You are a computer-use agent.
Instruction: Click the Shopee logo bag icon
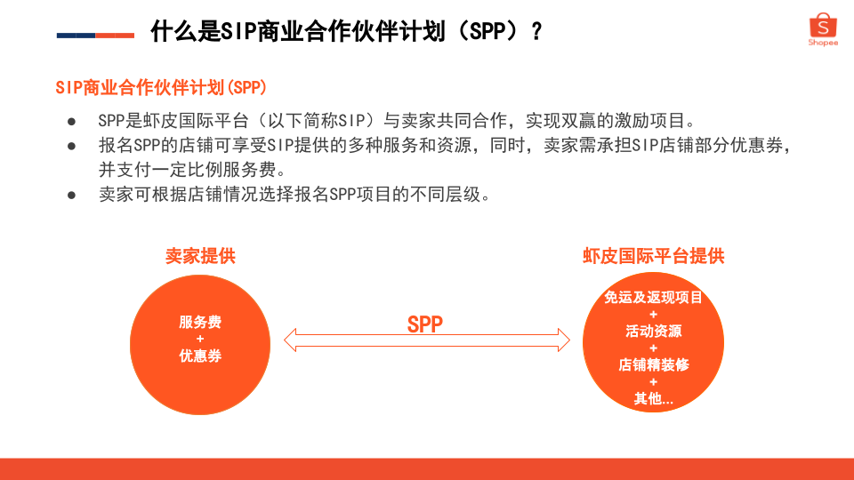[x=823, y=25]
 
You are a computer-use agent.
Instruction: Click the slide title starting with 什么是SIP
[x=346, y=31]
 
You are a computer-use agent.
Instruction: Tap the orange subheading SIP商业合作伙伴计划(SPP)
[x=161, y=87]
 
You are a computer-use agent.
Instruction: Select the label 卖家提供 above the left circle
[x=200, y=256]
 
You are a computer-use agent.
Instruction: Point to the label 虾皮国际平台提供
[x=654, y=256]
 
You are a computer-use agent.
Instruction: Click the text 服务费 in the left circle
[x=200, y=322]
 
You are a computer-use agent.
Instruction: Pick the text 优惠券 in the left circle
[x=200, y=356]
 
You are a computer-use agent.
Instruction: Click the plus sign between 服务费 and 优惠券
[x=200, y=339]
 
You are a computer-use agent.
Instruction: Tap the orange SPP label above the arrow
[x=425, y=324]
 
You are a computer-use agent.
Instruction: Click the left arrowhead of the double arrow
[x=290, y=340]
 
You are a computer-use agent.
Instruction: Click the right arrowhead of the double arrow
[x=564, y=340]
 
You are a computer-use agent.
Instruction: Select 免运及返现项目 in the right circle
[x=654, y=297]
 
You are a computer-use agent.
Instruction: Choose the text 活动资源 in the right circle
[x=654, y=331]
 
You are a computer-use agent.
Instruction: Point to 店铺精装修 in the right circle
[x=654, y=364]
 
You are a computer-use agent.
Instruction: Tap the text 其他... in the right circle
[x=654, y=398]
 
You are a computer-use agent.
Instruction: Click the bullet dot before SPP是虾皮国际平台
[x=71, y=122]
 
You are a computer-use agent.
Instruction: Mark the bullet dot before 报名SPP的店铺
[x=71, y=146]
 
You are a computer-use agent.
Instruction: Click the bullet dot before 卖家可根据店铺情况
[x=71, y=195]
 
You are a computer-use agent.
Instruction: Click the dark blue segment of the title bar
[x=77, y=36]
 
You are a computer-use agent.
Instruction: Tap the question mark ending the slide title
[x=537, y=32]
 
